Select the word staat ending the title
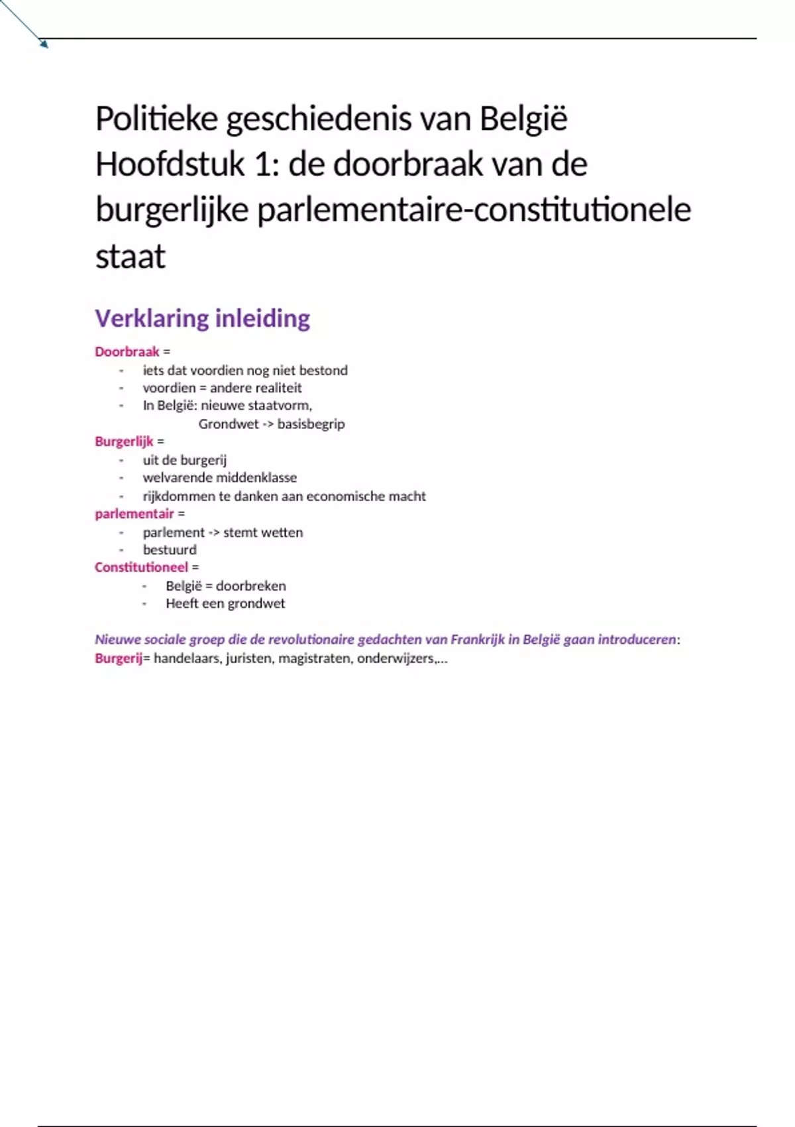pyautogui.click(x=130, y=257)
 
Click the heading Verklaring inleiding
pyautogui.click(x=202, y=318)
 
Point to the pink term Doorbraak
pyautogui.click(x=127, y=352)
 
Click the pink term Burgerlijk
pyautogui.click(x=124, y=442)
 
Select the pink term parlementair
pyautogui.click(x=134, y=514)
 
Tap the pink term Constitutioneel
pyautogui.click(x=141, y=567)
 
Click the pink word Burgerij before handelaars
pyautogui.click(x=119, y=658)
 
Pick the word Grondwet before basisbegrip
pyautogui.click(x=229, y=424)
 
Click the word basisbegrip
pyautogui.click(x=311, y=424)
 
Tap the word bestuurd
pyautogui.click(x=170, y=550)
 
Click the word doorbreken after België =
pyautogui.click(x=251, y=586)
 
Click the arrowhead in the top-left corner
pyautogui.click(x=44, y=44)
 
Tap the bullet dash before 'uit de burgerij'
pyautogui.click(x=121, y=460)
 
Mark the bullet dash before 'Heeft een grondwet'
pyautogui.click(x=144, y=604)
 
